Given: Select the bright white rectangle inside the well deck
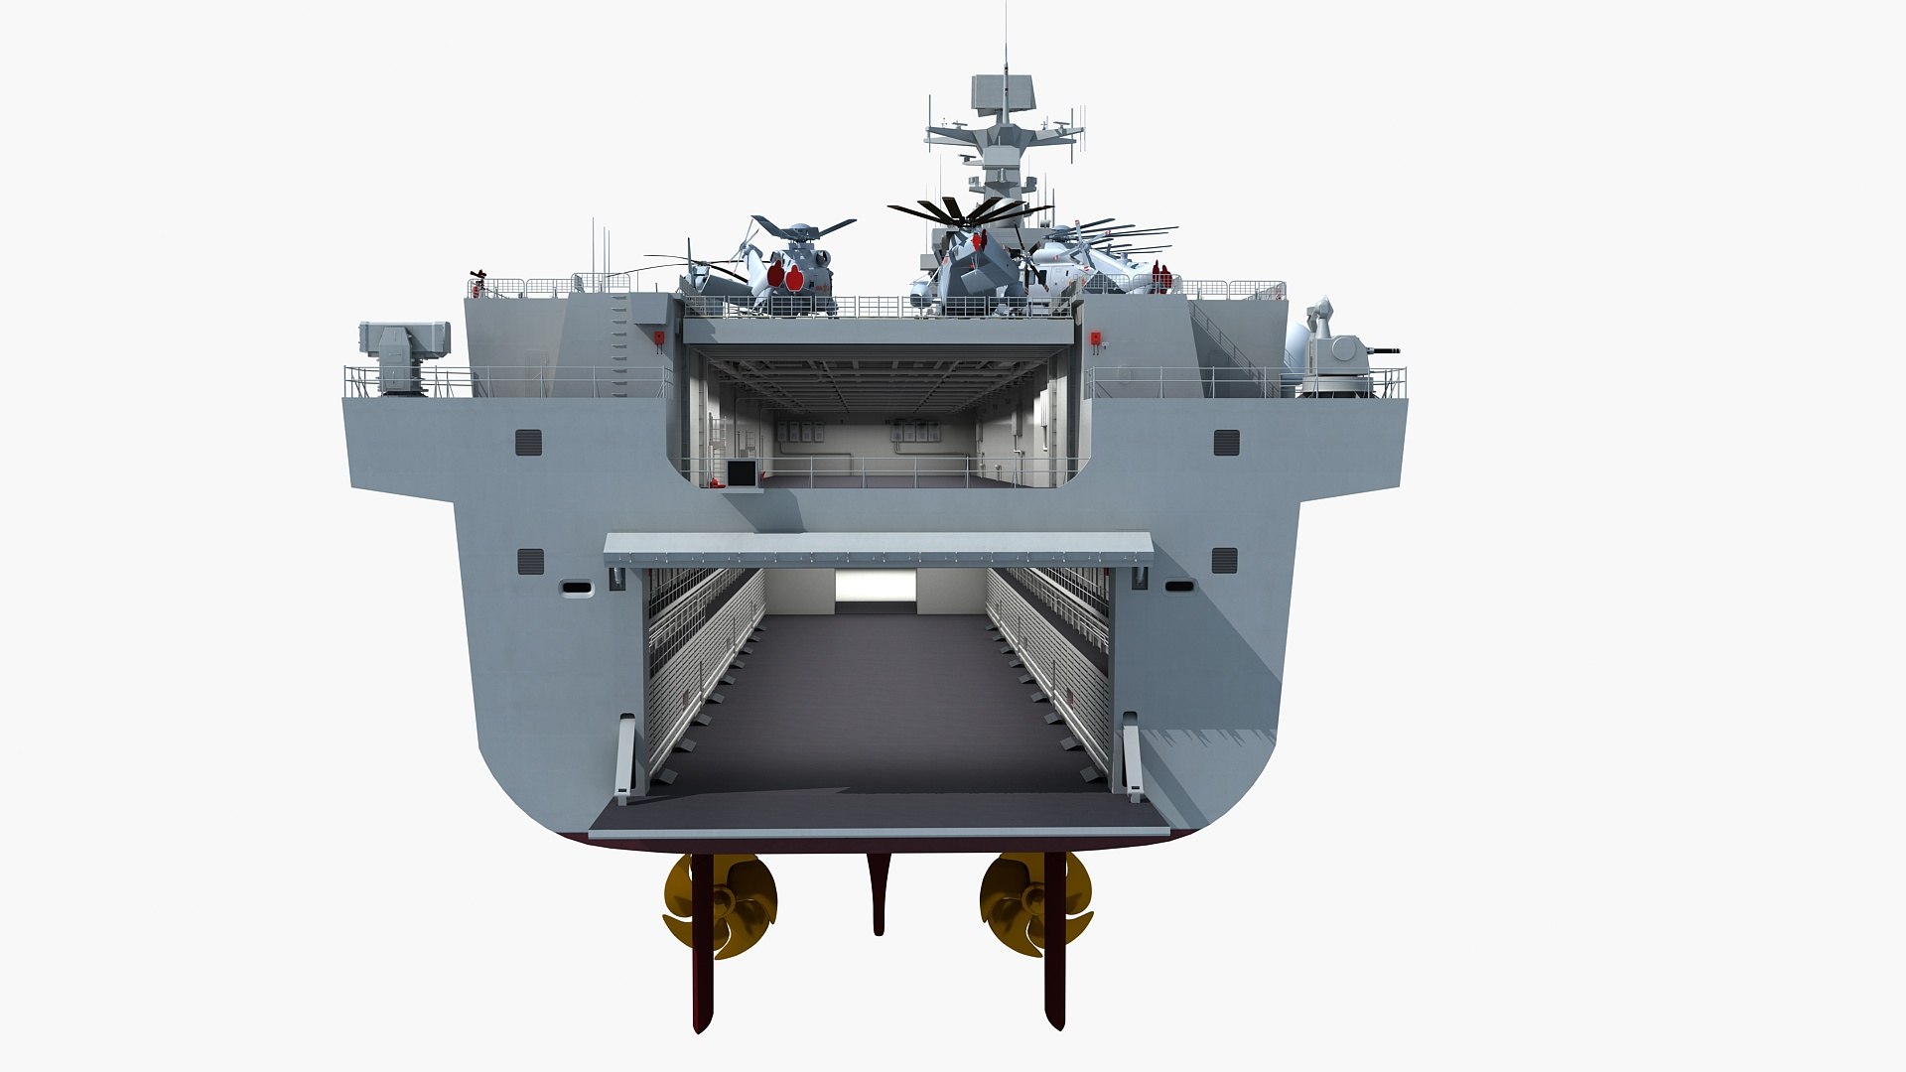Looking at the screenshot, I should pyautogui.click(x=875, y=587).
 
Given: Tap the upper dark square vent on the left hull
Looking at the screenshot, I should pyautogui.click(x=529, y=442).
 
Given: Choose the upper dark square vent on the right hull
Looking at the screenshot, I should pyautogui.click(x=1227, y=442).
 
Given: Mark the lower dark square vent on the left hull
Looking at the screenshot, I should pyautogui.click(x=531, y=561).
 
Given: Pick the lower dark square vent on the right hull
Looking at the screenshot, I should pyautogui.click(x=1225, y=560).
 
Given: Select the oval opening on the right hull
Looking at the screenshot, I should pyautogui.click(x=1179, y=587).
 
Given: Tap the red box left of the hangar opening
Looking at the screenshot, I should pyautogui.click(x=658, y=338).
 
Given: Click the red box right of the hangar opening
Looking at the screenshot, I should pyautogui.click(x=1096, y=337).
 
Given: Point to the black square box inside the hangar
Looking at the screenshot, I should pyautogui.click(x=742, y=473).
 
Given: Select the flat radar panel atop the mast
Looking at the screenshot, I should pyautogui.click(x=1002, y=91).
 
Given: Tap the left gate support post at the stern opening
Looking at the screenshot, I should pyautogui.click(x=624, y=759).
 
